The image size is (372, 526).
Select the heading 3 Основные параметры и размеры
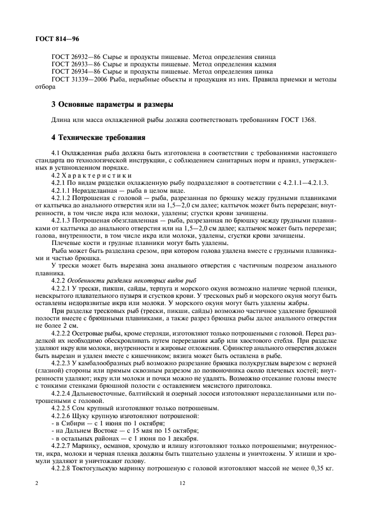point(104,105)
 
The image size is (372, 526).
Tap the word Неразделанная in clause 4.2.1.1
point(95,191)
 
